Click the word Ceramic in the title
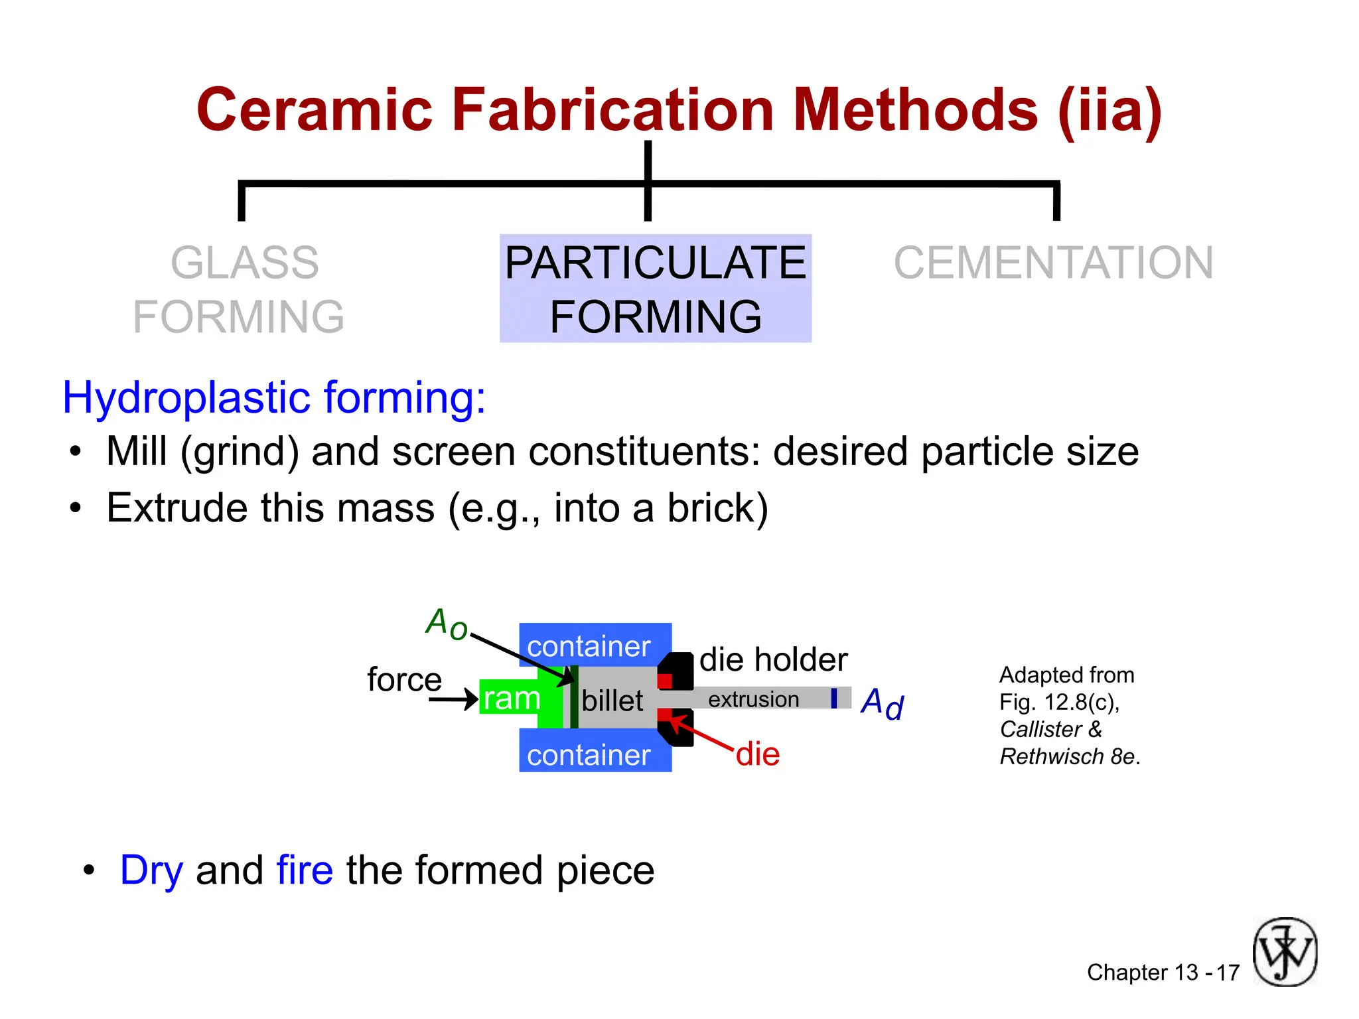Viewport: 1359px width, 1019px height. point(315,110)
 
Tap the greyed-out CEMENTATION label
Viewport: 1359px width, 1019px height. point(1053,263)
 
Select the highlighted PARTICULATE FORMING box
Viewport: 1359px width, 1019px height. point(656,289)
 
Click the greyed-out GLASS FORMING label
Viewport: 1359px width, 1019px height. point(239,289)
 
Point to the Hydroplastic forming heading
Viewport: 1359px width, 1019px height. point(274,397)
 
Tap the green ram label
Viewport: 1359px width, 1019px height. point(512,698)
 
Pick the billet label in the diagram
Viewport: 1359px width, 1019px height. point(612,701)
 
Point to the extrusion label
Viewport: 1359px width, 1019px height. point(753,699)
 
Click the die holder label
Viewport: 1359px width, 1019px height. point(773,659)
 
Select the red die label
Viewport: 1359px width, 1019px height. point(758,754)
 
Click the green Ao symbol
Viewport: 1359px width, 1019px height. point(447,624)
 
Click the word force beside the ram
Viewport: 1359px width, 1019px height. point(404,679)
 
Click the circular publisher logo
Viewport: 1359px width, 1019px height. point(1285,952)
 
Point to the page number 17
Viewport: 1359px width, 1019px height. point(1228,973)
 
